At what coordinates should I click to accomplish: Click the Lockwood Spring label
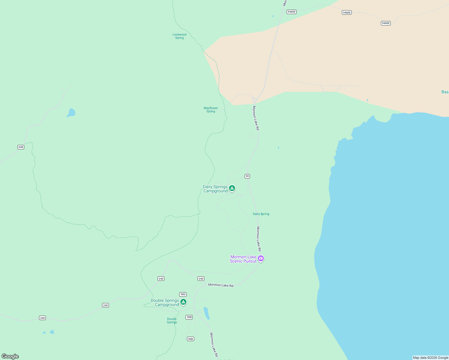pyautogui.click(x=179, y=36)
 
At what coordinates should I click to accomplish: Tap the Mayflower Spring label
pyautogui.click(x=211, y=110)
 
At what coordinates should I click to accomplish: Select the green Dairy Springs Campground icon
pyautogui.click(x=232, y=188)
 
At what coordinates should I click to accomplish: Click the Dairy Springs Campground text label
pyautogui.click(x=215, y=189)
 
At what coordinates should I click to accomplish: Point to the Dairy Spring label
pyautogui.click(x=261, y=214)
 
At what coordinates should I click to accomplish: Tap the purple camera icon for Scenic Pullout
pyautogui.click(x=261, y=258)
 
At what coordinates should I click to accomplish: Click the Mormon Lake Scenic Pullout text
pyautogui.click(x=243, y=259)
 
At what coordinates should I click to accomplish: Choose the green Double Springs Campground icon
pyautogui.click(x=183, y=302)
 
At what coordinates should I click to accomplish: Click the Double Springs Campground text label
pyautogui.click(x=165, y=303)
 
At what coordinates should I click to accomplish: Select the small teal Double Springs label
pyautogui.click(x=172, y=321)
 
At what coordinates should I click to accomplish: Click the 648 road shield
pyautogui.click(x=21, y=147)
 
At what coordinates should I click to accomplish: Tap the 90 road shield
pyautogui.click(x=247, y=176)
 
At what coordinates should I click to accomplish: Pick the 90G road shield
pyautogui.click(x=183, y=294)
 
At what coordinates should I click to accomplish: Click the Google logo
pyautogui.click(x=10, y=356)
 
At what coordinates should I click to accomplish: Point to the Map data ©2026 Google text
pyautogui.click(x=430, y=358)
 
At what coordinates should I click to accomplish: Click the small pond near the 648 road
pyautogui.click(x=71, y=113)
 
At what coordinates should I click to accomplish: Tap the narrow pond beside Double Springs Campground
pyautogui.click(x=206, y=313)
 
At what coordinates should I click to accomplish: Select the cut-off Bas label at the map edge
pyautogui.click(x=445, y=92)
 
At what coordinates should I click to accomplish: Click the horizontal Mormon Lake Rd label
pyautogui.click(x=221, y=285)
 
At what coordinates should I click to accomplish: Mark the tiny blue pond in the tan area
pyautogui.click(x=367, y=100)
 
